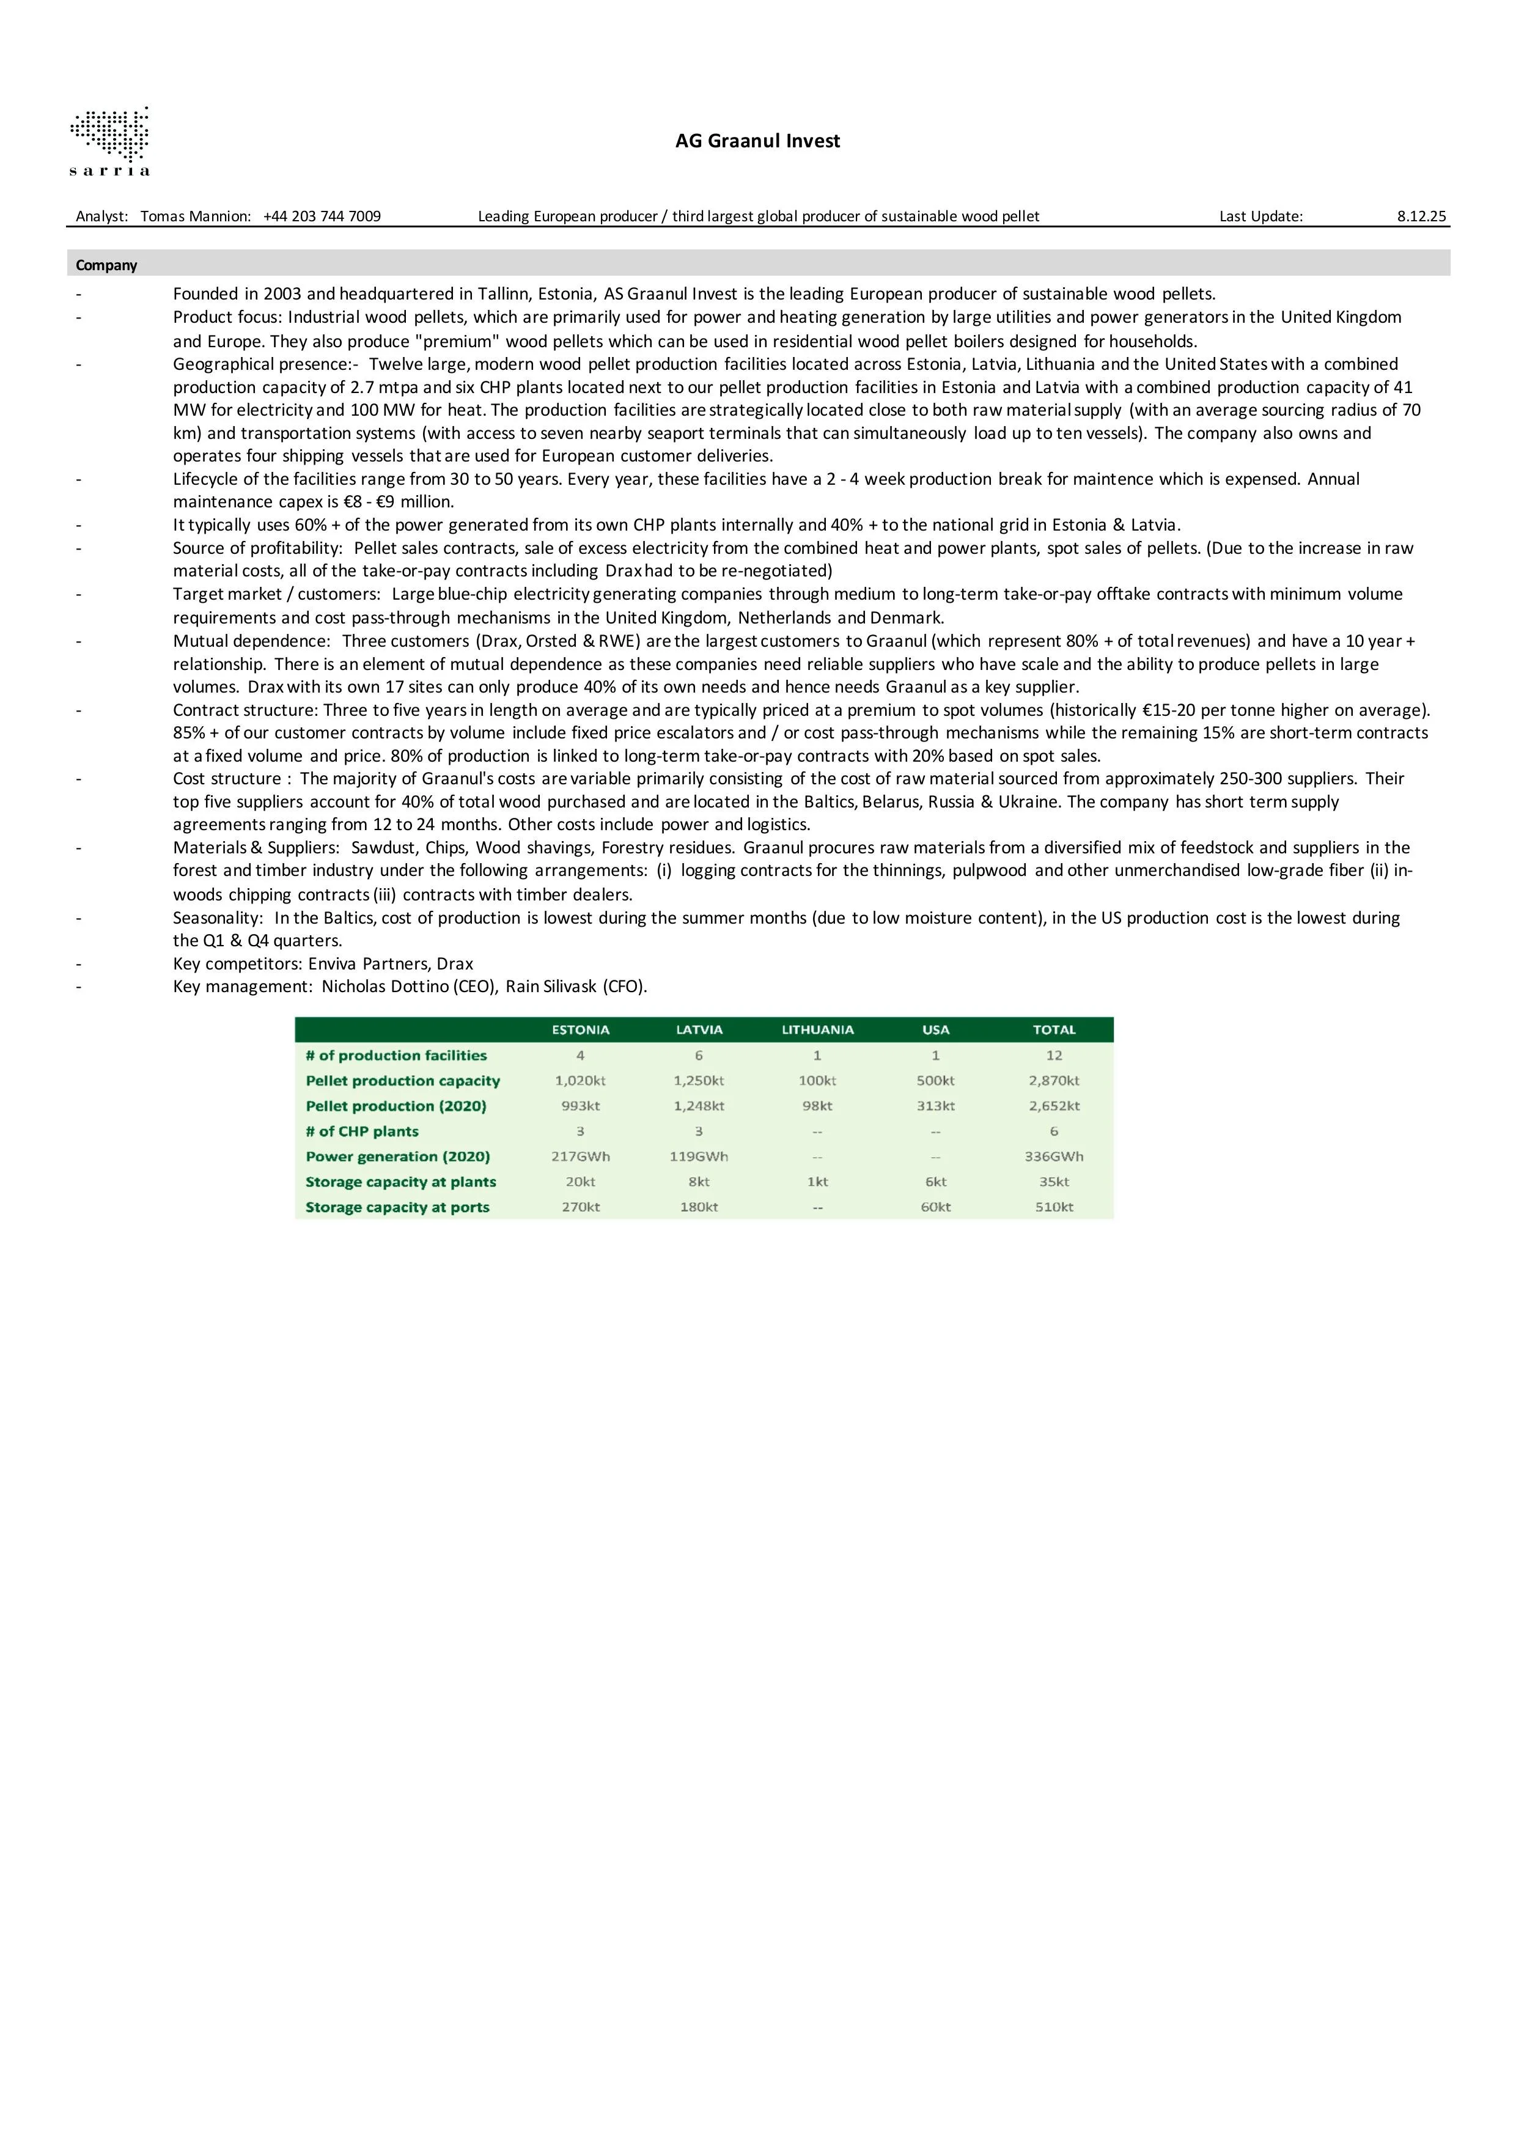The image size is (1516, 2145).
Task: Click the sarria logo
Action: pos(109,141)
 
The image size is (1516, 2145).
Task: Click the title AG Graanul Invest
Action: pos(757,141)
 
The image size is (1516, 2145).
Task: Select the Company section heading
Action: pos(106,265)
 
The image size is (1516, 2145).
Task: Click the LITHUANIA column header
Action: pos(817,1029)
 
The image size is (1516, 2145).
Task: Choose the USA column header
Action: pos(935,1029)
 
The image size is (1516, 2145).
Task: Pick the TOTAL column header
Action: pos(1054,1029)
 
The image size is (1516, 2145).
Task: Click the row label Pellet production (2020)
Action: pos(396,1106)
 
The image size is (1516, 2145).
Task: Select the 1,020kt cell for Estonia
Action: pos(580,1081)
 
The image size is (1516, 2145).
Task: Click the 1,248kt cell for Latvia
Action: pos(699,1106)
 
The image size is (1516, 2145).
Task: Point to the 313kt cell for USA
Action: pos(935,1106)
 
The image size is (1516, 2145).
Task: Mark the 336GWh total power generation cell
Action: pos(1054,1157)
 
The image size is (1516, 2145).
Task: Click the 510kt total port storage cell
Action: pos(1054,1207)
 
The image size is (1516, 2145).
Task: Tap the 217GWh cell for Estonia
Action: pos(580,1157)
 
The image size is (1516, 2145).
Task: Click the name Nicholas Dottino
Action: pos(386,987)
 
